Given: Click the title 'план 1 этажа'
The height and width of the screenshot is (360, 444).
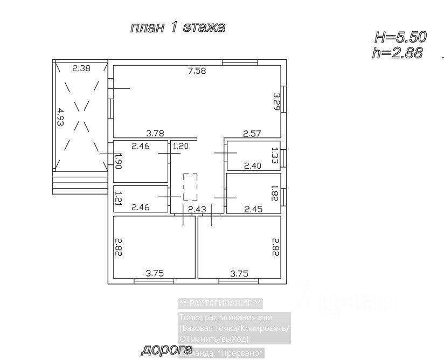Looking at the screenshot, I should pyautogui.click(x=177, y=27).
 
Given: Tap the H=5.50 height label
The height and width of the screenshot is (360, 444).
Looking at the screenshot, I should pyautogui.click(x=400, y=37).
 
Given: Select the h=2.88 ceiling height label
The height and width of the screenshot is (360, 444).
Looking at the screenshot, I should pyautogui.click(x=397, y=52).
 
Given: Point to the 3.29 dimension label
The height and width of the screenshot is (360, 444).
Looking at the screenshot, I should pyautogui.click(x=276, y=101).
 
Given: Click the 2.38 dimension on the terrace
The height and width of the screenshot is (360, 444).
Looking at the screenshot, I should pyautogui.click(x=81, y=68).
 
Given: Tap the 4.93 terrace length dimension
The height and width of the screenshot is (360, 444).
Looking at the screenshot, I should pyautogui.click(x=61, y=117).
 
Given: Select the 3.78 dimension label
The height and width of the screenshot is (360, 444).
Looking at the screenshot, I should pyautogui.click(x=155, y=133).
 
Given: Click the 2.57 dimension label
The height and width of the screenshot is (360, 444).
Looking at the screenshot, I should pyautogui.click(x=252, y=133).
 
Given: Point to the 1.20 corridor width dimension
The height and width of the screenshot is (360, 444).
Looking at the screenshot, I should pyautogui.click(x=181, y=146).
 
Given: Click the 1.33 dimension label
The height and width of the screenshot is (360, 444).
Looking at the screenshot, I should pyautogui.click(x=275, y=156).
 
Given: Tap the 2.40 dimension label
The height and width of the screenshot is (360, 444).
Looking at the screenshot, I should pyautogui.click(x=252, y=166).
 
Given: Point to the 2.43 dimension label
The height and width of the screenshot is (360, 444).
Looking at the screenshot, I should pyautogui.click(x=197, y=209).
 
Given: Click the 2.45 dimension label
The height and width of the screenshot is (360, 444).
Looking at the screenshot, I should pyautogui.click(x=253, y=209).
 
